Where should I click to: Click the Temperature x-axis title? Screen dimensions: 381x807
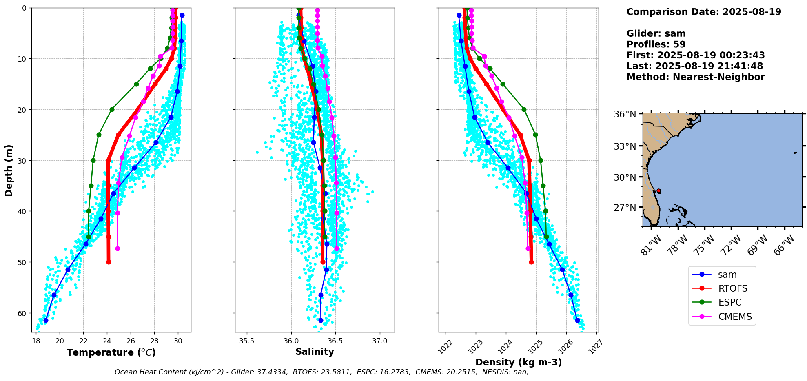111,352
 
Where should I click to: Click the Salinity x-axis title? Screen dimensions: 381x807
315,352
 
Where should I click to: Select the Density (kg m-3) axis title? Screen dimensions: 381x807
519,362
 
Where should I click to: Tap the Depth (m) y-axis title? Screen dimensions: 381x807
9,170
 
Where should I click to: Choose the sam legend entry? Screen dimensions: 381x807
727,275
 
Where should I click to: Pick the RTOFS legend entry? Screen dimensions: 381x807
733,289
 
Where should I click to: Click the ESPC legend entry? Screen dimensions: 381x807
730,303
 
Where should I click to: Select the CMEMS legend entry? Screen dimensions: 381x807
735,317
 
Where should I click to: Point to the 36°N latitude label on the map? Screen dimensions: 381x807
625,114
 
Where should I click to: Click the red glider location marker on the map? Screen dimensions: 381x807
659,191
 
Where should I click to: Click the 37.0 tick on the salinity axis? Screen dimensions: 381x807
380,341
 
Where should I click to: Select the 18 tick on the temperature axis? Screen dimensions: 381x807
36,341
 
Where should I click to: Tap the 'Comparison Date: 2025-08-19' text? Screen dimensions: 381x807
704,12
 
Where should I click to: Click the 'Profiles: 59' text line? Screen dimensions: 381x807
656,44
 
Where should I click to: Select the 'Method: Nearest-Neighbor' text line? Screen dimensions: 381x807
695,77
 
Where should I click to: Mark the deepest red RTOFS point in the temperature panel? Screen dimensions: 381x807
109,262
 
